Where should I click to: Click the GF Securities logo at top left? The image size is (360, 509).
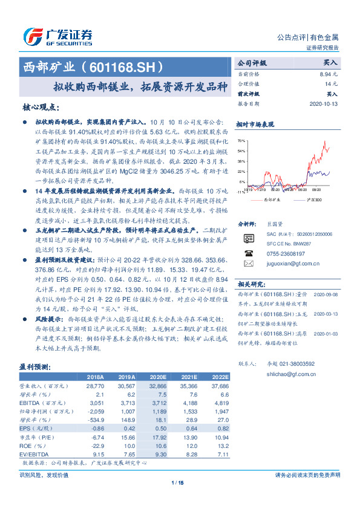pos(57,37)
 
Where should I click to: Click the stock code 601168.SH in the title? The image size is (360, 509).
pos(134,65)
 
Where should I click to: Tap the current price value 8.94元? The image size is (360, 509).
pos(329,73)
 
